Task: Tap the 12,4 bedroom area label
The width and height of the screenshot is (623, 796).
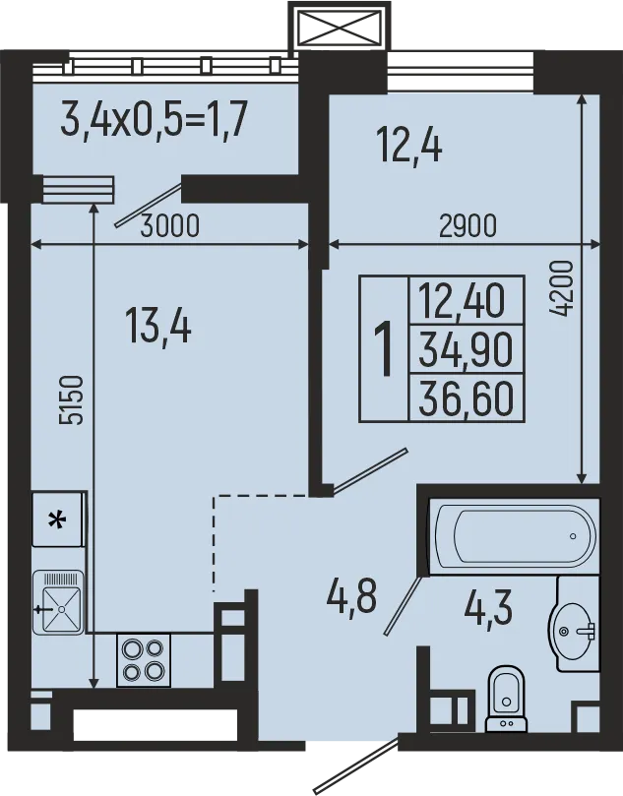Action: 409,148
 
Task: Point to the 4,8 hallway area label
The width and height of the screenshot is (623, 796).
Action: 351,595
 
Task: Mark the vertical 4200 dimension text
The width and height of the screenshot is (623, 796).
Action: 561,287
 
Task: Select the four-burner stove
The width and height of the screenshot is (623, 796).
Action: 144,659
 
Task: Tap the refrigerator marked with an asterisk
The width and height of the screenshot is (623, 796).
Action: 58,520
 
